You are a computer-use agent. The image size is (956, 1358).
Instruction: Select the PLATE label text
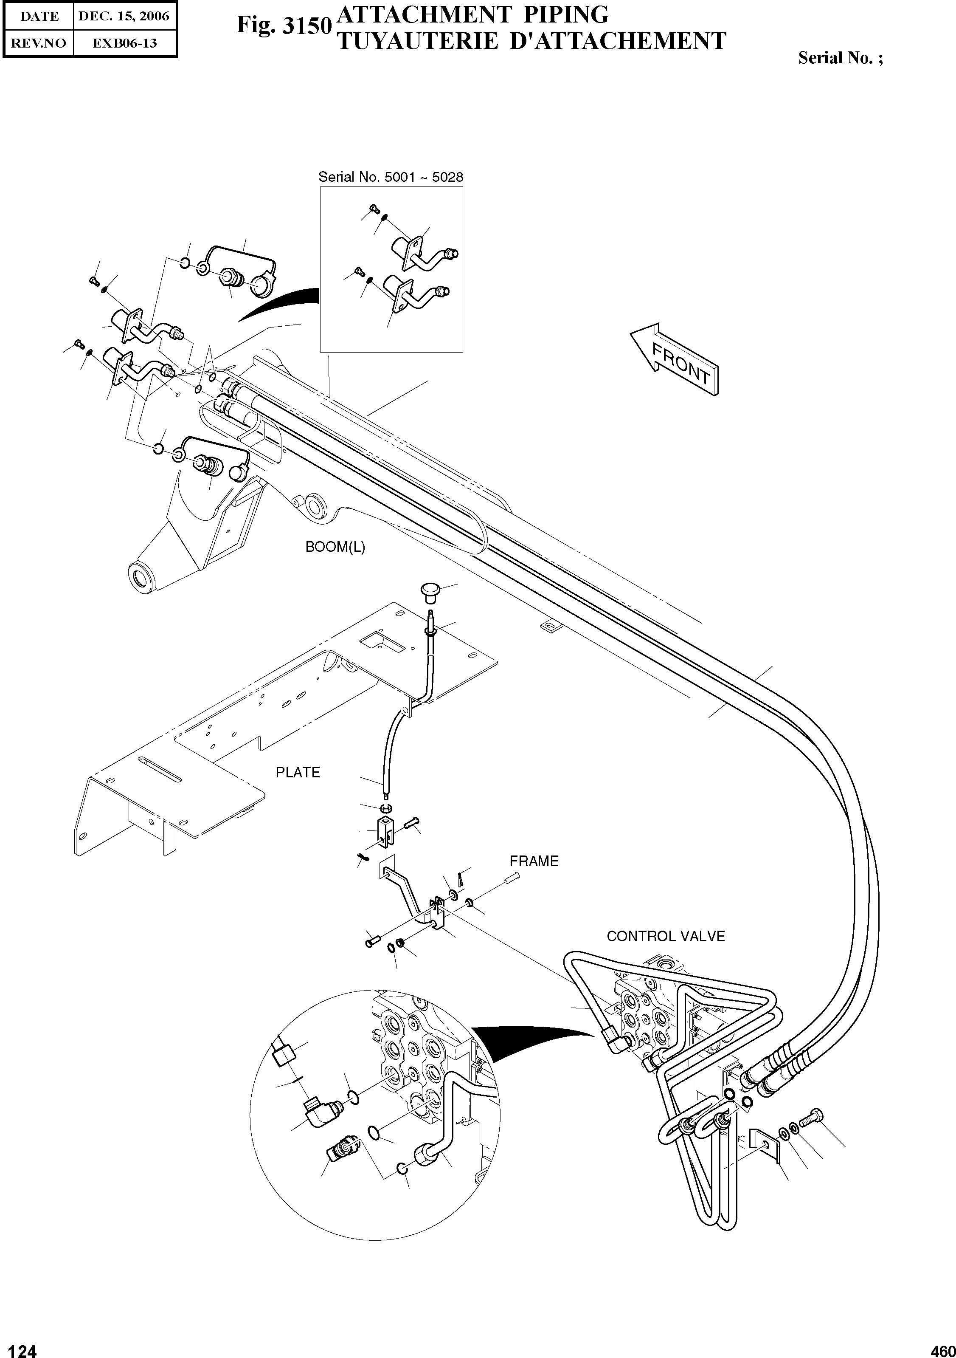298,773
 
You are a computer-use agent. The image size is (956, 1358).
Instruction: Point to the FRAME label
534,861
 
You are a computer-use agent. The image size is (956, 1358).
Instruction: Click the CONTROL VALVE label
665,936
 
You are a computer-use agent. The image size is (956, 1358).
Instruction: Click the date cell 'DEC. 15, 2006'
124,16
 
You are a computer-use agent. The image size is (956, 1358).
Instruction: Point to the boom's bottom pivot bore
142,577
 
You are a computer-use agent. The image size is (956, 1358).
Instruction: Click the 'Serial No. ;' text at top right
840,58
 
